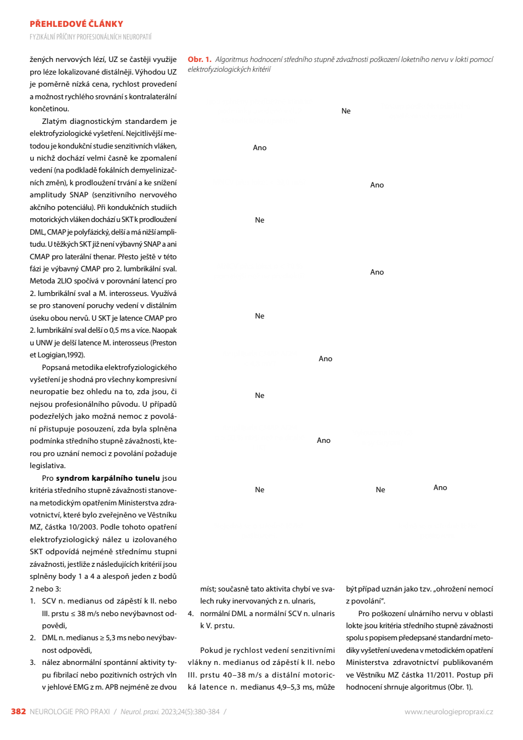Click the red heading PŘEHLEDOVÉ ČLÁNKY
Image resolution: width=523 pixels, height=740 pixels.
click(76, 24)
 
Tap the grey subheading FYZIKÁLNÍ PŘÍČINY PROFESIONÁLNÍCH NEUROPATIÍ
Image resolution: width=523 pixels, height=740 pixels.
click(90, 37)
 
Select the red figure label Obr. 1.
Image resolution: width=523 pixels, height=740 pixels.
click(200, 59)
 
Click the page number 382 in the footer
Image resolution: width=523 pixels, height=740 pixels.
click(19, 711)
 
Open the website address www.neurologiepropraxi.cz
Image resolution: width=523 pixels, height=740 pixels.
click(448, 712)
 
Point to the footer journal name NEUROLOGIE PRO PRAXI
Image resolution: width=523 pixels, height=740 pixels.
click(70, 712)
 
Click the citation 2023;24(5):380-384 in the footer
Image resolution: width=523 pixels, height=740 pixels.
click(190, 712)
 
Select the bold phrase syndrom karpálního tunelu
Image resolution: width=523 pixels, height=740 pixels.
click(107, 479)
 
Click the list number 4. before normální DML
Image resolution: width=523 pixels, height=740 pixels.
click(191, 614)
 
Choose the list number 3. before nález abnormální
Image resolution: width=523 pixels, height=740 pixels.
click(33, 663)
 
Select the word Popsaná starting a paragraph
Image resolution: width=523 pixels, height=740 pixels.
click(55, 368)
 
